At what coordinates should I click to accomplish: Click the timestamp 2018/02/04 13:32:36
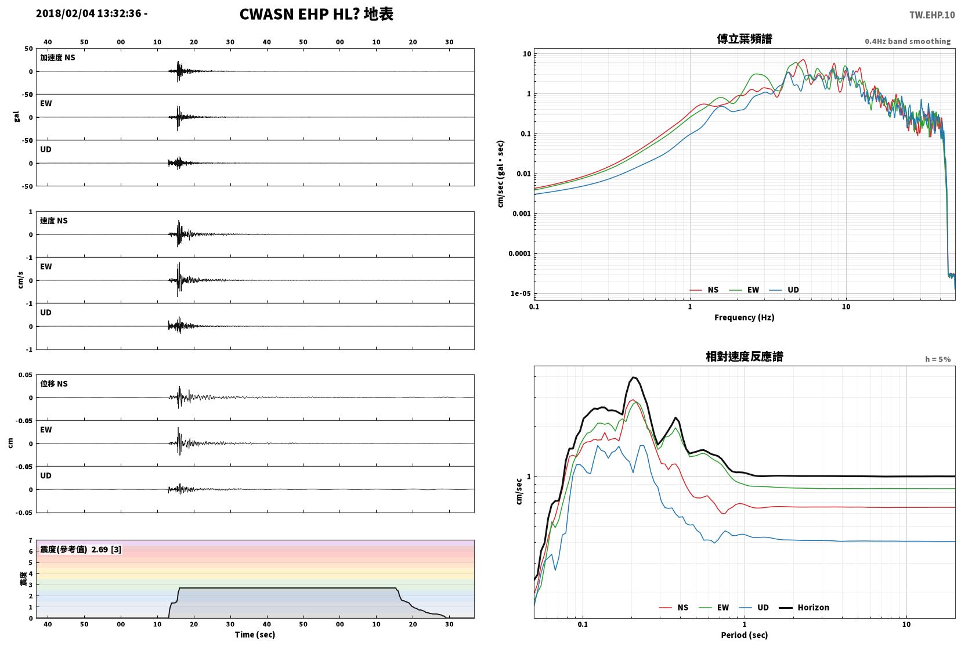point(88,13)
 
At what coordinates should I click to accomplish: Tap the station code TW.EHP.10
point(932,15)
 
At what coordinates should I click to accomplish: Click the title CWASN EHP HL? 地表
point(316,14)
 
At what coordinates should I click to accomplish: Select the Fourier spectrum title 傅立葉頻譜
point(745,39)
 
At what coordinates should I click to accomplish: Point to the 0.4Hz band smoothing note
point(908,41)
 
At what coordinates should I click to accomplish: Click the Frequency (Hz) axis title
point(744,317)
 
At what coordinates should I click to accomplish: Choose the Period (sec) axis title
point(744,635)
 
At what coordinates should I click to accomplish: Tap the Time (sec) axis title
point(255,634)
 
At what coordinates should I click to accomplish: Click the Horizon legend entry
point(804,607)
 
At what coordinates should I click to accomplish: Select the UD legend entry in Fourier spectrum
point(784,290)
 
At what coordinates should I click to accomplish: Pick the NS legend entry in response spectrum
point(674,607)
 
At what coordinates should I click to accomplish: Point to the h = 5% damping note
point(937,359)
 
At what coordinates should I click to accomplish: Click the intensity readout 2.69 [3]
point(106,550)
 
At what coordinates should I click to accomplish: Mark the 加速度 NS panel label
point(57,57)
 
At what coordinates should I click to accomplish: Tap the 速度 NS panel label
point(53,221)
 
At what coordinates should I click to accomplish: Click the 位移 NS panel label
point(53,384)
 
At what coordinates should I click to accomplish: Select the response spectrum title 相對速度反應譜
point(745,356)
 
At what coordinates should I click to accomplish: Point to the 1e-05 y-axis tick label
point(521,294)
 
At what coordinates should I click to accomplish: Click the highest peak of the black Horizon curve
point(633,377)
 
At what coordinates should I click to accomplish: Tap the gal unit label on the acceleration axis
point(17,117)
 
